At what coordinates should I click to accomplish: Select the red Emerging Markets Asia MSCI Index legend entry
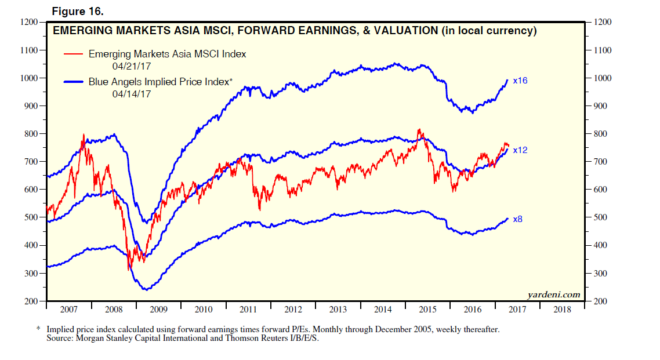pos(167,54)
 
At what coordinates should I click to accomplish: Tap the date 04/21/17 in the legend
pos(131,66)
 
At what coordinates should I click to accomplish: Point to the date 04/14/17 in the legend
pos(131,93)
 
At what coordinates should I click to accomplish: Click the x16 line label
pos(520,81)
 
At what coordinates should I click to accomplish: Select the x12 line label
pos(520,150)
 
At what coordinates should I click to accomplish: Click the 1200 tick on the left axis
pos(29,22)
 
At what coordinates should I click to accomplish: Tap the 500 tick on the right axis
pos(601,217)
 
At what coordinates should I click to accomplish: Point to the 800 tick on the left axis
pos(31,134)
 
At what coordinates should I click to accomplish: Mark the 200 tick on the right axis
pos(601,301)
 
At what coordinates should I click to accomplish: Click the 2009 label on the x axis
pos(159,310)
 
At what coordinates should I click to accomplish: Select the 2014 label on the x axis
pos(383,310)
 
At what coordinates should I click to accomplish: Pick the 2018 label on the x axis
pos(562,310)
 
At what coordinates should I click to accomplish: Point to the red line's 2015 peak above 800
pos(419,130)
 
